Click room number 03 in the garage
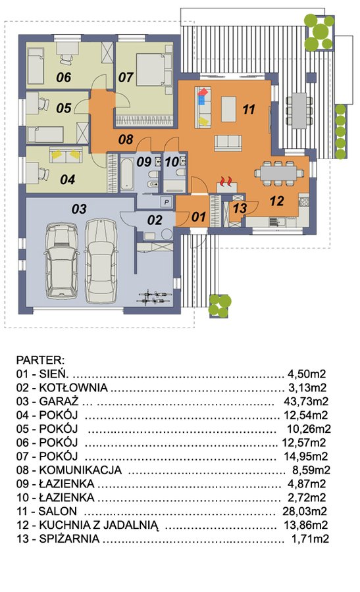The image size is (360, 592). pyautogui.click(x=79, y=209)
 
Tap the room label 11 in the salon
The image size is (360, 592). pyautogui.click(x=248, y=109)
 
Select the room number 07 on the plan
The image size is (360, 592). pyautogui.click(x=126, y=78)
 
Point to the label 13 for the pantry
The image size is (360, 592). pyautogui.click(x=240, y=208)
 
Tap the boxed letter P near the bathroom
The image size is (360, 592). pyautogui.click(x=167, y=202)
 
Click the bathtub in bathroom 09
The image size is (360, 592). pyautogui.click(x=126, y=174)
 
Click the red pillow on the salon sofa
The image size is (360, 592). pyautogui.click(x=203, y=91)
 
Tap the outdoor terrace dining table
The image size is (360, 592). pyautogui.click(x=299, y=111)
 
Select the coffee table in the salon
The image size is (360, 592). pyautogui.click(x=228, y=109)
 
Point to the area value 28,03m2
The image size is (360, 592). pyautogui.click(x=305, y=511)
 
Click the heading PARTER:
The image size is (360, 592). pyautogui.click(x=40, y=360)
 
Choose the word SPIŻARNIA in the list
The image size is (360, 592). pyautogui.click(x=69, y=539)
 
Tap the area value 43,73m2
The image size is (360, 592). pyautogui.click(x=306, y=401)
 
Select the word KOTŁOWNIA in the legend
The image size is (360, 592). pyautogui.click(x=74, y=387)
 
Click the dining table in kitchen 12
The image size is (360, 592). pyautogui.click(x=280, y=173)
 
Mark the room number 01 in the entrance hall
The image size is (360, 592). pyautogui.click(x=199, y=216)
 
